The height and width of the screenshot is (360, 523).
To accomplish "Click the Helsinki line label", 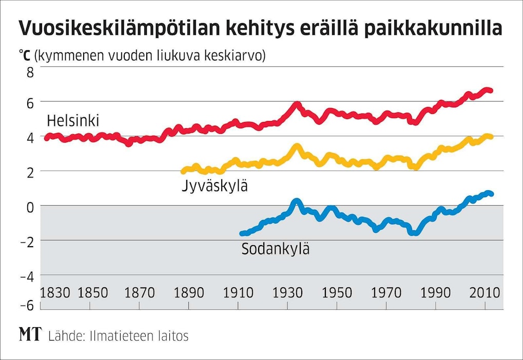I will coord(72,121).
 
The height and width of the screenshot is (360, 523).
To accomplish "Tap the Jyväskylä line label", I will coord(215,186).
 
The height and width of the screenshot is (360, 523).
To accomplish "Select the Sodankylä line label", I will coord(276,249).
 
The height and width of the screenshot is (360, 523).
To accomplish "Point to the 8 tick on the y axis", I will coord(30,72).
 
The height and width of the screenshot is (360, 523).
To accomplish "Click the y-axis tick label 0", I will coord(30,206).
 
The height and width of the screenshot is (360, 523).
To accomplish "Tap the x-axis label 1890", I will coord(188,293).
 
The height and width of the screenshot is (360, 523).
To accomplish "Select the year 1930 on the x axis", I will coord(287,293).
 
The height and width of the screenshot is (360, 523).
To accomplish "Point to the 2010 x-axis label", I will coord(485,293).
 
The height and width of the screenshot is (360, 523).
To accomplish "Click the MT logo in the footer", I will coord(30,335).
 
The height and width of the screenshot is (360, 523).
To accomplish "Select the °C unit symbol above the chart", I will coord(24,55).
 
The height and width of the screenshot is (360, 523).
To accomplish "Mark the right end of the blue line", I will coord(491,194).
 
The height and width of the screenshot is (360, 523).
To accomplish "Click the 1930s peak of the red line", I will coord(297,105).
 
